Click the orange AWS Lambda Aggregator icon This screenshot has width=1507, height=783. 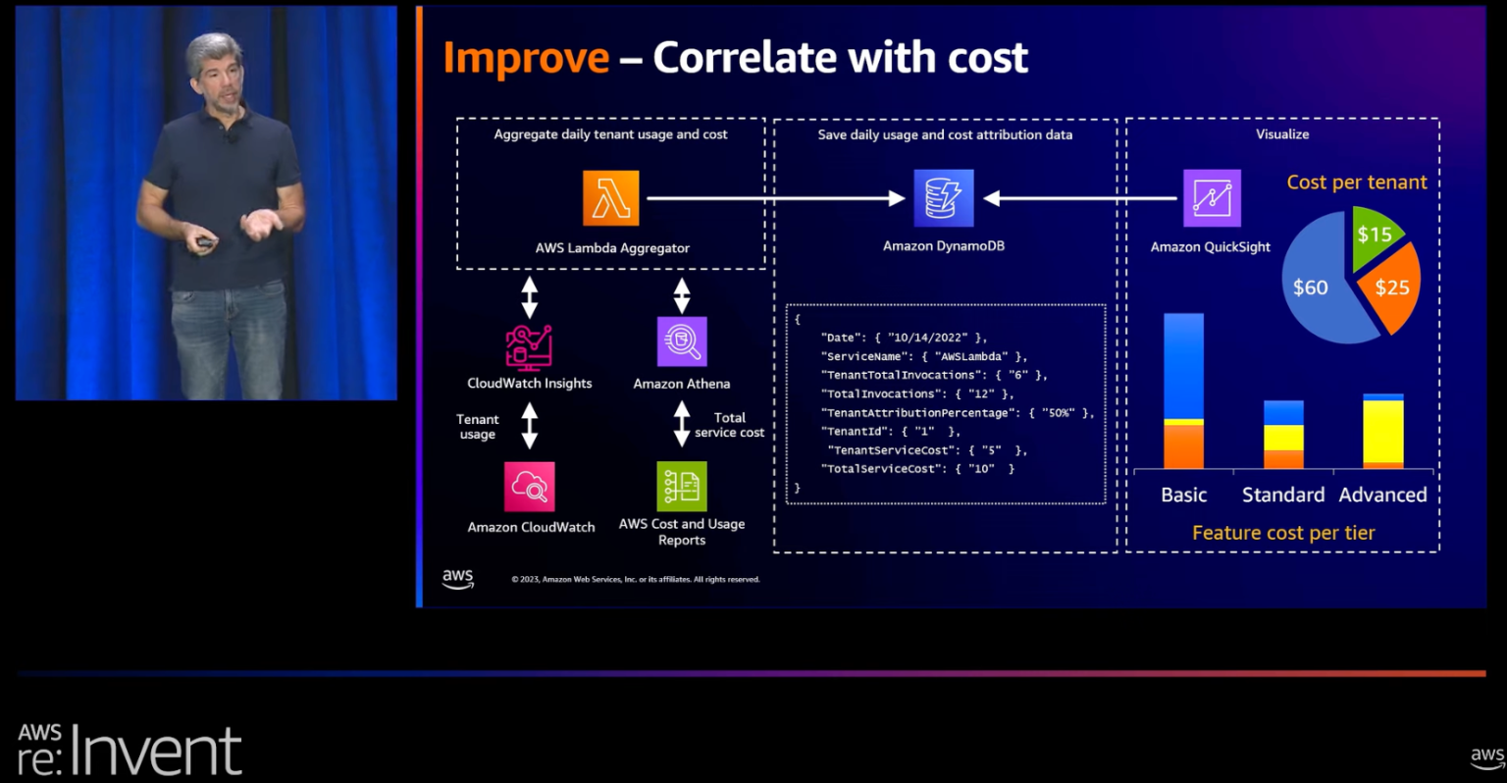coord(610,198)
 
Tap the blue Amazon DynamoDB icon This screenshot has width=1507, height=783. coord(944,198)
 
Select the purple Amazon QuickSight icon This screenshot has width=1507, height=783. coord(1212,198)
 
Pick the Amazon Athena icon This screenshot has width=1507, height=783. coord(682,341)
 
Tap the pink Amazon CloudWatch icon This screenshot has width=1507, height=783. coord(530,487)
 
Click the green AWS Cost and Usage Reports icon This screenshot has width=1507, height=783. coord(682,487)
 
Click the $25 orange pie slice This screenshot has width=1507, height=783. coord(1391,287)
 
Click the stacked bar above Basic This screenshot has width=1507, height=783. coord(1183,391)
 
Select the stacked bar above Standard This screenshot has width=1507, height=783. coord(1283,434)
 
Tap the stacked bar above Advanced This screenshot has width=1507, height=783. coord(1383,431)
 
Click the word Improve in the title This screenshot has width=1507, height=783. coord(526,58)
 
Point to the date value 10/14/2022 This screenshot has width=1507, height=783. coord(927,338)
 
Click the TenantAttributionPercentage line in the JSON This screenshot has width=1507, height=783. coord(957,413)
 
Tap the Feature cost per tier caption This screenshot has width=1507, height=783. coord(1283,533)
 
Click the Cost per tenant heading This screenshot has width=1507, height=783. coord(1357,183)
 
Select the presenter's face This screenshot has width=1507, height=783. coord(218,74)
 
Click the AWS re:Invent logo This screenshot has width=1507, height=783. coord(130,751)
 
